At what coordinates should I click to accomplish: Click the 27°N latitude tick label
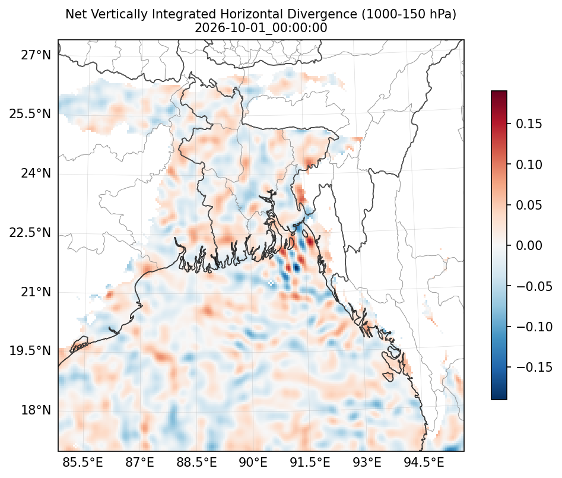pyautogui.click(x=36, y=55)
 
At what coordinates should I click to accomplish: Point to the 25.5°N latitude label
pyautogui.click(x=30, y=114)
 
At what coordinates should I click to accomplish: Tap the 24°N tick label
pyautogui.click(x=36, y=173)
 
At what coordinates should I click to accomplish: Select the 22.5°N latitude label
pyautogui.click(x=30, y=232)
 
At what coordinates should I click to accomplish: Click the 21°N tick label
pyautogui.click(x=36, y=292)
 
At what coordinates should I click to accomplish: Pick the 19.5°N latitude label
pyautogui.click(x=30, y=350)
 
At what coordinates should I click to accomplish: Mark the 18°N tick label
pyautogui.click(x=36, y=410)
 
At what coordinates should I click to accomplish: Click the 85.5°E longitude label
pyautogui.click(x=83, y=462)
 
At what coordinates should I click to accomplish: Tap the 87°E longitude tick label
pyautogui.click(x=140, y=462)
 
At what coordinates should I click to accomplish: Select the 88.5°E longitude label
pyautogui.click(x=196, y=462)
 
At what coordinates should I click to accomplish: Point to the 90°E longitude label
pyautogui.click(x=253, y=462)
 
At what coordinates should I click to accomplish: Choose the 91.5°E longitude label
pyautogui.click(x=310, y=462)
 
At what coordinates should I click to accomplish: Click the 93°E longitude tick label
pyautogui.click(x=367, y=462)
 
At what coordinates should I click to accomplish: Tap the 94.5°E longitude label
pyautogui.click(x=424, y=462)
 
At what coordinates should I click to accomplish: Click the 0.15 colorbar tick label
pyautogui.click(x=529, y=124)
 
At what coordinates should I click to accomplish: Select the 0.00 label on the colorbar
pyautogui.click(x=529, y=246)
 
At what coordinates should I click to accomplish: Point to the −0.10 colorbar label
pyautogui.click(x=534, y=327)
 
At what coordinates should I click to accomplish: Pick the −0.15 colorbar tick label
pyautogui.click(x=534, y=367)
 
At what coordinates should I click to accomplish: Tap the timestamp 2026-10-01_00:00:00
pyautogui.click(x=261, y=28)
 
